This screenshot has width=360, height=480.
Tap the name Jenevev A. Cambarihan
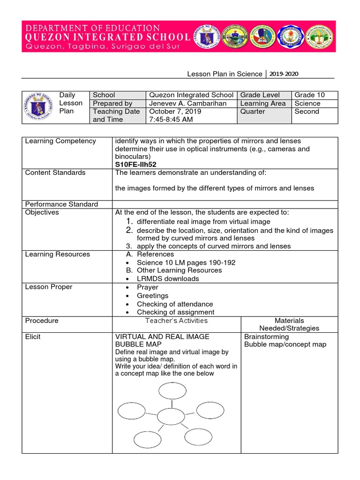click(187, 103)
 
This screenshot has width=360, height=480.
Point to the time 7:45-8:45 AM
click(169, 120)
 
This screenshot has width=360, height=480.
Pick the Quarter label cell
click(252, 112)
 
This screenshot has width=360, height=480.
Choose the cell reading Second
click(307, 112)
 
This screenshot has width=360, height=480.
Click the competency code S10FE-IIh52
click(135, 165)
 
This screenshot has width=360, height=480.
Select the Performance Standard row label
click(61, 204)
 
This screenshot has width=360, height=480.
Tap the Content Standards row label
click(55, 172)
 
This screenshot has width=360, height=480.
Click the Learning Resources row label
click(57, 254)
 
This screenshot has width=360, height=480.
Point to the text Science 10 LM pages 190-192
click(186, 262)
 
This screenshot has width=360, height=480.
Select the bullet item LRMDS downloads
click(168, 278)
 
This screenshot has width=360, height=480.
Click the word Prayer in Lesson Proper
click(148, 287)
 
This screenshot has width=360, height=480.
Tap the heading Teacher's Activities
click(176, 321)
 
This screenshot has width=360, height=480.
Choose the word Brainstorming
click(267, 337)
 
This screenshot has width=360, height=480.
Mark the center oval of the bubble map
click(171, 416)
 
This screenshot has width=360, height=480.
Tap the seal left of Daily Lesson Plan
click(38, 107)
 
